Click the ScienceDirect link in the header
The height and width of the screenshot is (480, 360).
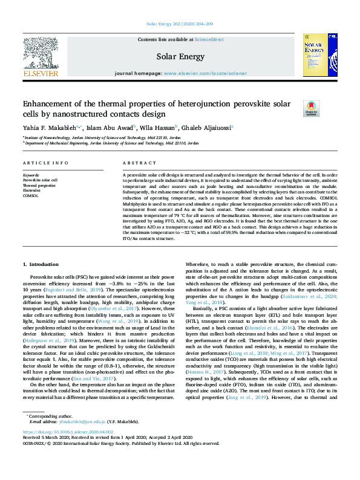coord(209,39)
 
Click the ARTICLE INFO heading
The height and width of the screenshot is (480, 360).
coord(45,164)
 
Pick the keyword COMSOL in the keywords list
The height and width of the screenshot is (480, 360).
coord(31,196)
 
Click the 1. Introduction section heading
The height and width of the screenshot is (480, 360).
coord(41,265)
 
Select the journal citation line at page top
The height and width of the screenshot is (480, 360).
coord(180,25)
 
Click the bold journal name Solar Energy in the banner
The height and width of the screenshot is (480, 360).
coord(180,57)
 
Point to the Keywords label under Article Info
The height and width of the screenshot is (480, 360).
coord(30,175)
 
